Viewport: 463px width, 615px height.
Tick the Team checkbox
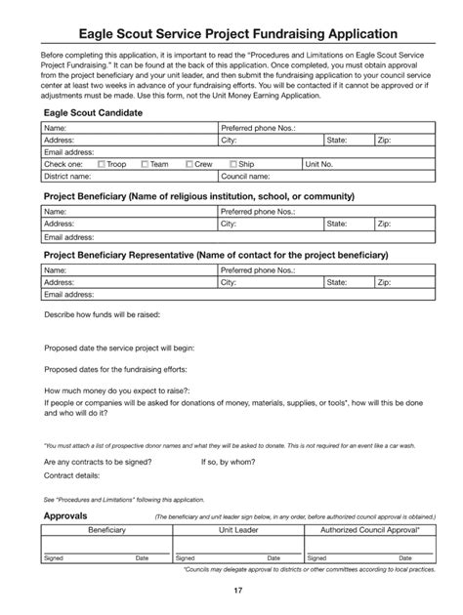pyautogui.click(x=146, y=165)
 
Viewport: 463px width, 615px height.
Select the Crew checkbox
pyautogui.click(x=189, y=165)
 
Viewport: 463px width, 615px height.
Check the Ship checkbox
pyautogui.click(x=233, y=165)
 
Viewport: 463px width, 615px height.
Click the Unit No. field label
pyautogui.click(x=319, y=165)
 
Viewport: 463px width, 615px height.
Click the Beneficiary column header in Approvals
pyautogui.click(x=106, y=529)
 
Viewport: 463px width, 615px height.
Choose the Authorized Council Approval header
pyautogui.click(x=362, y=529)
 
